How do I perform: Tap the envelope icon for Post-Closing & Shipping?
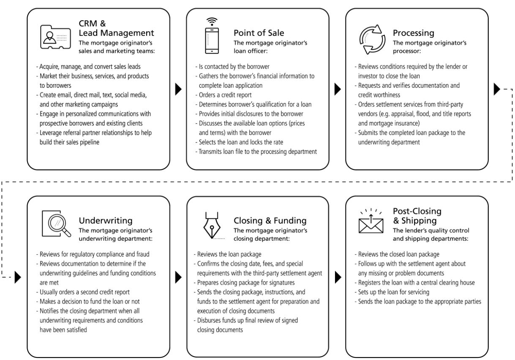pos(371,223)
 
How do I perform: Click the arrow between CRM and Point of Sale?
pos(179,89)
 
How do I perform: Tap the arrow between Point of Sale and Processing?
pos(338,89)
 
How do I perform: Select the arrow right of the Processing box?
pos(497,89)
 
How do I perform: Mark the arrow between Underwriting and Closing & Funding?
pos(179,278)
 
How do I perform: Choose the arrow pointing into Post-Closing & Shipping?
pos(338,278)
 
